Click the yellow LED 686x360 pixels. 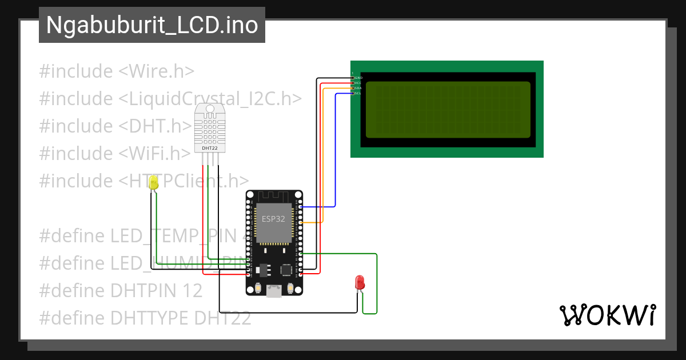(153, 183)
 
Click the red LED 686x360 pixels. (360, 282)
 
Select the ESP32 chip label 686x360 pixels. (273, 219)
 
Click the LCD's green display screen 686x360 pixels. (448, 110)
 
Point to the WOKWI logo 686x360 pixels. (607, 315)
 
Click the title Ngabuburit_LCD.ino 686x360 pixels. (151, 25)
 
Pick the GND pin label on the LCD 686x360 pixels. (358, 77)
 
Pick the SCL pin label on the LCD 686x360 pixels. (358, 93)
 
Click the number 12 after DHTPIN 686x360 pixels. (193, 290)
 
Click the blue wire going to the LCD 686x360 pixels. (335, 149)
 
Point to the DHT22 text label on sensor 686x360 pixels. (210, 148)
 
